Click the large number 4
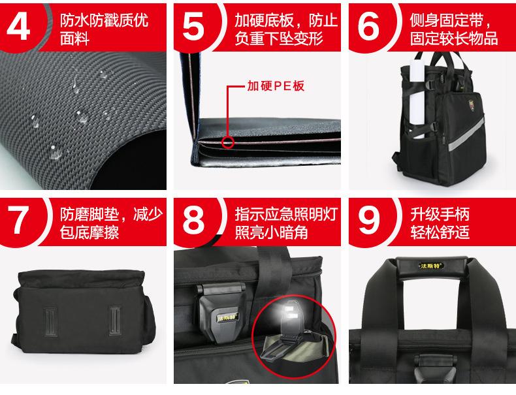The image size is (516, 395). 18,27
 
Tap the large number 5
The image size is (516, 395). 193,27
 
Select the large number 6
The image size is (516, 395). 368,27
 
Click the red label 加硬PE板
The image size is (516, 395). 276,86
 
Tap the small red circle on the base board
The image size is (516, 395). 228,143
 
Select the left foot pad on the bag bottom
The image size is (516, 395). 50,322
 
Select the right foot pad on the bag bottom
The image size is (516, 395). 115,321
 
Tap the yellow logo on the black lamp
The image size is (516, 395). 227,318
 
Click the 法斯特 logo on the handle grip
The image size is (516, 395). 431,266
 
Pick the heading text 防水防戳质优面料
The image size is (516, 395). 104,29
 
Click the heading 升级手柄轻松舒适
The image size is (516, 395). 440,223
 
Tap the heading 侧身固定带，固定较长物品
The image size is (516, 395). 454,29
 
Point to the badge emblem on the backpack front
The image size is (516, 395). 472,105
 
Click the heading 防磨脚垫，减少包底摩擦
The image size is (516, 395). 111,223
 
